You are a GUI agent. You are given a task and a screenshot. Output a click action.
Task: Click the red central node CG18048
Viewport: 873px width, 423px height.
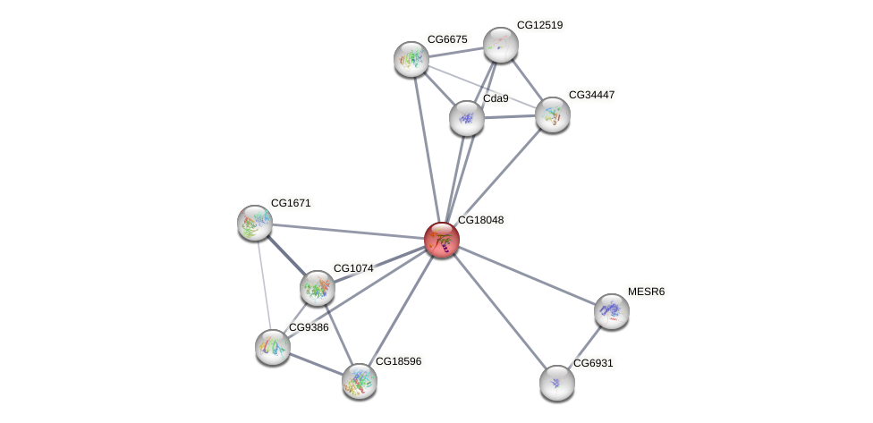click(x=441, y=240)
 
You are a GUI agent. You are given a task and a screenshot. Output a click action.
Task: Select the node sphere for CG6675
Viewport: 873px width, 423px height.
click(x=411, y=59)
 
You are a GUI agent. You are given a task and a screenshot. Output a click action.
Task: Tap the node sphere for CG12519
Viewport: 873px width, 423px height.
click(x=501, y=45)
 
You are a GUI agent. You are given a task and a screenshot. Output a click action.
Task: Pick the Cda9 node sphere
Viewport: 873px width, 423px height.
click(x=466, y=118)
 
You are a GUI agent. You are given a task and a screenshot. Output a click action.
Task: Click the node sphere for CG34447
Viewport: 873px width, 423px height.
click(x=553, y=114)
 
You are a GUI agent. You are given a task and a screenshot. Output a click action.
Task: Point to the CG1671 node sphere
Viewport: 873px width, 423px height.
click(x=255, y=223)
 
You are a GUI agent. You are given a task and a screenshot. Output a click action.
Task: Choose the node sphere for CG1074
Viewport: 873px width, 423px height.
click(x=317, y=288)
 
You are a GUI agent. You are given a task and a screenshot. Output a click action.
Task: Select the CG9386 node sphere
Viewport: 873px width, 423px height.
click(x=273, y=347)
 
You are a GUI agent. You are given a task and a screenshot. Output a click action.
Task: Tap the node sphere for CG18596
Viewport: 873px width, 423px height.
click(x=360, y=381)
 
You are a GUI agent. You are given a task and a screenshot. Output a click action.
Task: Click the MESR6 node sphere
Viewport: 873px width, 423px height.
click(x=612, y=311)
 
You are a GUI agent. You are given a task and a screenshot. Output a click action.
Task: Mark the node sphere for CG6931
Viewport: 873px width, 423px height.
click(x=556, y=383)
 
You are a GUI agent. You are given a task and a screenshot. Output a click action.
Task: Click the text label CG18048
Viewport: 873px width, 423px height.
click(x=480, y=220)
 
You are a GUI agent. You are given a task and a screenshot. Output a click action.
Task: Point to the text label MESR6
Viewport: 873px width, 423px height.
click(x=646, y=292)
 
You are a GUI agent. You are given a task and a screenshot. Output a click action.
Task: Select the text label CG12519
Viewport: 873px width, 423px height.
click(x=539, y=25)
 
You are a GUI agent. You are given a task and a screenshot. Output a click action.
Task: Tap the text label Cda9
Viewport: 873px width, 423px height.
click(x=496, y=98)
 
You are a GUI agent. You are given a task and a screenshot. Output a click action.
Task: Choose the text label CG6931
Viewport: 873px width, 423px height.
click(x=593, y=363)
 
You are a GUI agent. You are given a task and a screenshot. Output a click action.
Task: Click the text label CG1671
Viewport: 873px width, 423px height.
click(x=291, y=203)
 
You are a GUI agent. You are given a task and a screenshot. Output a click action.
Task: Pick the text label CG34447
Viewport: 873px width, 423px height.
click(x=591, y=95)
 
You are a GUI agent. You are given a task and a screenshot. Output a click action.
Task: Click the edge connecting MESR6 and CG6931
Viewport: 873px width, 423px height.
click(x=584, y=347)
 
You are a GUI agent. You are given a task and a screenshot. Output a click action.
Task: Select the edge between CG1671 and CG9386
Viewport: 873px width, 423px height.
click(x=264, y=284)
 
